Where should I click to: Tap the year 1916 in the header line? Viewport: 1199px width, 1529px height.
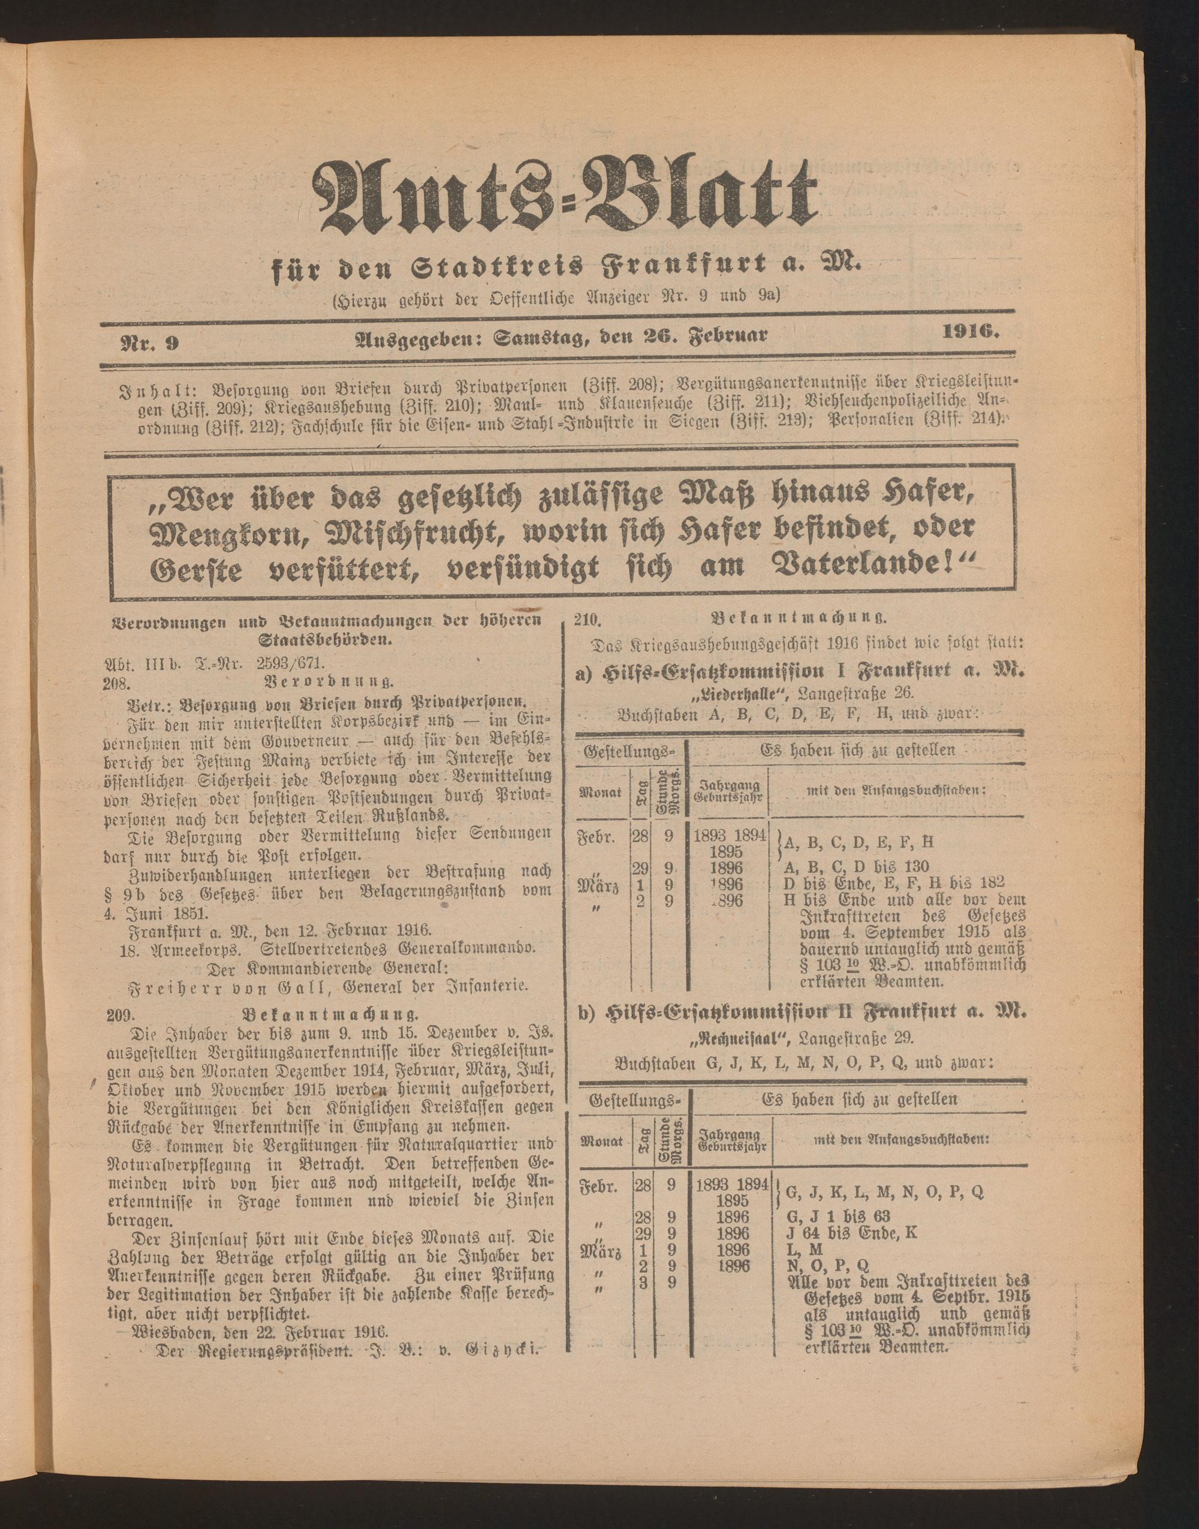(x=970, y=332)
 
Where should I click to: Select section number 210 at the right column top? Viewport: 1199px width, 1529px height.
(x=584, y=620)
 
